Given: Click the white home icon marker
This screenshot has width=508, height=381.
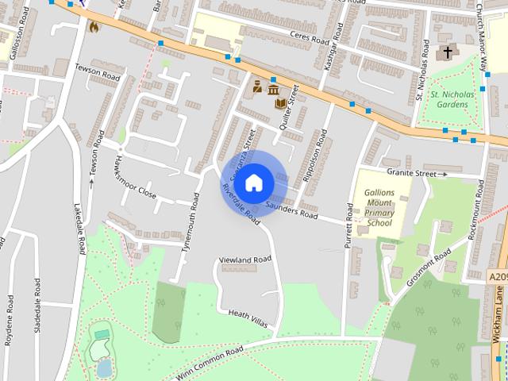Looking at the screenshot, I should click(x=253, y=183).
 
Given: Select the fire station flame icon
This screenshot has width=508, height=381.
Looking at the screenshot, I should click(x=94, y=26).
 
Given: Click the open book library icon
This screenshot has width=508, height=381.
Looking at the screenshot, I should click(x=281, y=102).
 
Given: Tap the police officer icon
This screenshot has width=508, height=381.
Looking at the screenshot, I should click(x=257, y=87).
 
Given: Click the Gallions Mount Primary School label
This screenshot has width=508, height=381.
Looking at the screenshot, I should click(x=379, y=208).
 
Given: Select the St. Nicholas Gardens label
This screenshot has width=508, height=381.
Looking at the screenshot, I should click(x=452, y=99).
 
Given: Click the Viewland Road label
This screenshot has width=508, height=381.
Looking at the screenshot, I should click(x=245, y=260).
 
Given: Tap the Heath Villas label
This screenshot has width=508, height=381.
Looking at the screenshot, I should click(x=248, y=318).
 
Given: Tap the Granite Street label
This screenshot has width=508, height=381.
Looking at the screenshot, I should click(x=412, y=172).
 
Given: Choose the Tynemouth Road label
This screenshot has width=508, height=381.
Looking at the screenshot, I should click(x=190, y=223).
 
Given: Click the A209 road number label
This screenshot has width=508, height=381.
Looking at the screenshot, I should click(x=498, y=276).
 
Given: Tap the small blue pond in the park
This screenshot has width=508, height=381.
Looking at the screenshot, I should click(x=104, y=368).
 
